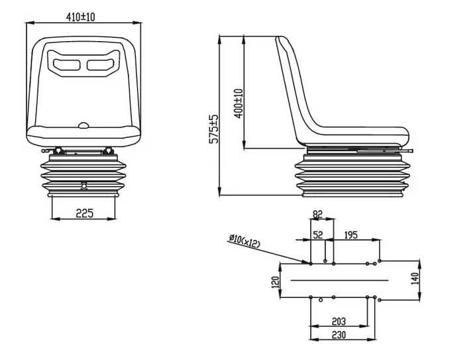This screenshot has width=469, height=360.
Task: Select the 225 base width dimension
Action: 83,213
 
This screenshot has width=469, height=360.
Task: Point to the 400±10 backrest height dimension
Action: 238,103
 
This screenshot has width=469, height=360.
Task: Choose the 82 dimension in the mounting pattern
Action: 317,213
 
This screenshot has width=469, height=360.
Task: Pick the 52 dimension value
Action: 318,235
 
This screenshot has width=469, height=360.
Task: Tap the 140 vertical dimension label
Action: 415,278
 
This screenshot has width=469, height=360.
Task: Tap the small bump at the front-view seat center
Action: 83,125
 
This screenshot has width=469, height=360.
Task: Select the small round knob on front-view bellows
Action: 83,185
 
